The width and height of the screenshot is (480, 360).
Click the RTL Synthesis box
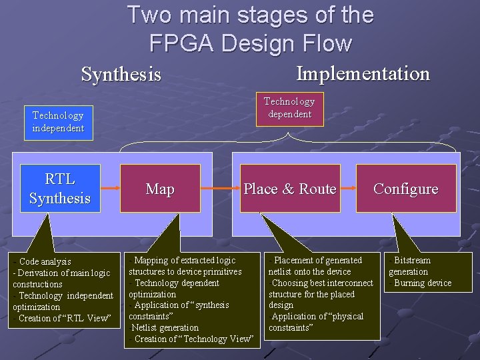tap(60, 189)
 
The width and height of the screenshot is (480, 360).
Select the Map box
tap(160, 189)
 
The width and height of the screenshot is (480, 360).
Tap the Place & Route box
tap(289, 189)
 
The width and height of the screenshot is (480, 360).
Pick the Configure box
tap(405, 189)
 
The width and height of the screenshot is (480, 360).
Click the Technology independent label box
tap(59, 121)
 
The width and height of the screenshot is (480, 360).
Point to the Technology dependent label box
tap(289, 107)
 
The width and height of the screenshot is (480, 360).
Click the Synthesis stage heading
tap(121, 74)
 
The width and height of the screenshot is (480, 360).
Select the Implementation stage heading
tap(363, 73)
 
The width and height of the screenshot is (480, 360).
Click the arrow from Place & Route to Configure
tap(348, 189)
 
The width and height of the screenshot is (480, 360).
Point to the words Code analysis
tap(45, 261)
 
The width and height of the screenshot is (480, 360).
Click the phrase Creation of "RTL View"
tap(64, 318)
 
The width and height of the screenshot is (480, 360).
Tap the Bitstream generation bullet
tap(411, 265)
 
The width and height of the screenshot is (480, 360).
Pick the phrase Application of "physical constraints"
tap(317, 322)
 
